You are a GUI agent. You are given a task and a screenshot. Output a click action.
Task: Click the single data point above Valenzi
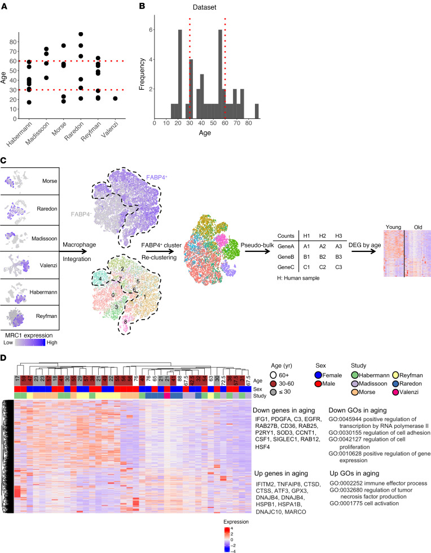point(116,98)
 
